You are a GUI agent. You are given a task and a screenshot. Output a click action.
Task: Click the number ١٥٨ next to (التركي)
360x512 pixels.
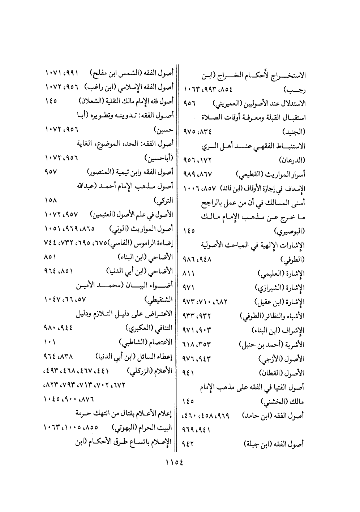pyautogui.click(x=51, y=200)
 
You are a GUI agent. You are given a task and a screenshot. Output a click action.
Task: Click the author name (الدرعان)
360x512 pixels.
pyautogui.click(x=292, y=160)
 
